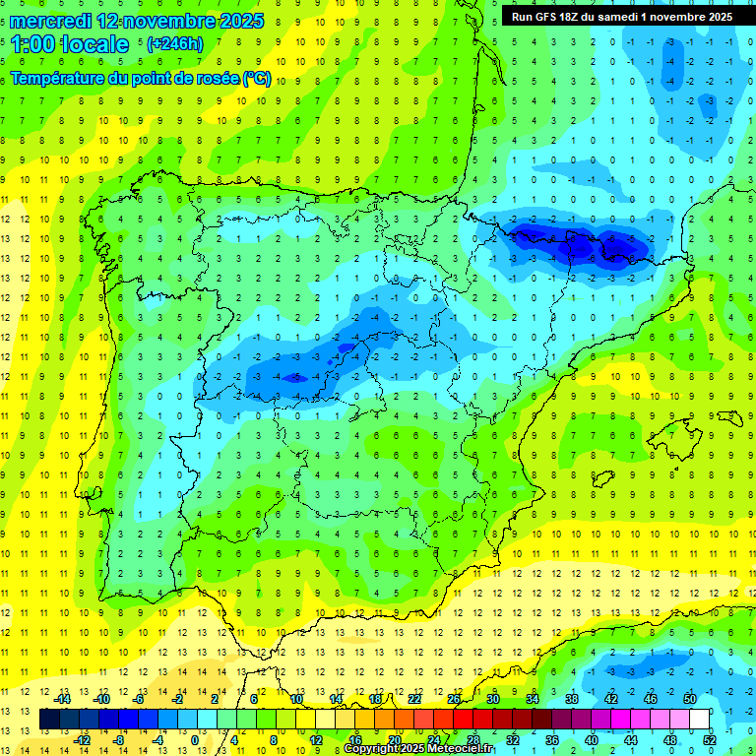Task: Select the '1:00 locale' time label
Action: click(69, 44)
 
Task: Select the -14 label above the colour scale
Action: click(64, 699)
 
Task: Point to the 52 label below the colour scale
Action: click(708, 739)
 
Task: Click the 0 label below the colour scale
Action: click(195, 739)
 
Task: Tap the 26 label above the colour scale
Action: click(454, 699)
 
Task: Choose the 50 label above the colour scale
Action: click(689, 699)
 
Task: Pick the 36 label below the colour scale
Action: click(551, 739)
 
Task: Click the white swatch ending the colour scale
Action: click(699, 720)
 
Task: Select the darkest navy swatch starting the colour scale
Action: click(49, 720)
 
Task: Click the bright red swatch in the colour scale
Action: click(463, 720)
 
